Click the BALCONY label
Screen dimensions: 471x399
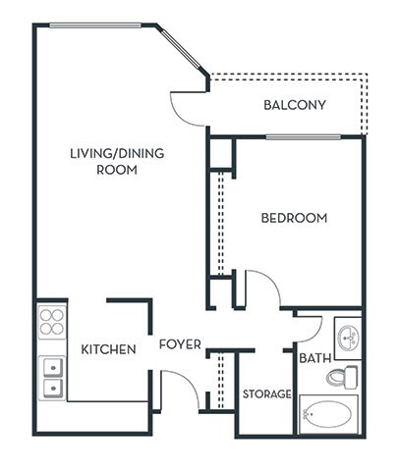pos(295,106)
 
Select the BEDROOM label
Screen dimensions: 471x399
pos(294,218)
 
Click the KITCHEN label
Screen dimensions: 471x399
pos(108,349)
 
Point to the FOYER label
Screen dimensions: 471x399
pos(181,344)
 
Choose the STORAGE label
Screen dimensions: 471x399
pos(266,394)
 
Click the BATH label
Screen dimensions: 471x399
pos(314,359)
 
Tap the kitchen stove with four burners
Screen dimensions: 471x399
pos(52,322)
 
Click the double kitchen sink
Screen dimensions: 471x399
pos(52,378)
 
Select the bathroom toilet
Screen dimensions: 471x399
pos(343,376)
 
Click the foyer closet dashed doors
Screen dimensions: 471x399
pos(221,378)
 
